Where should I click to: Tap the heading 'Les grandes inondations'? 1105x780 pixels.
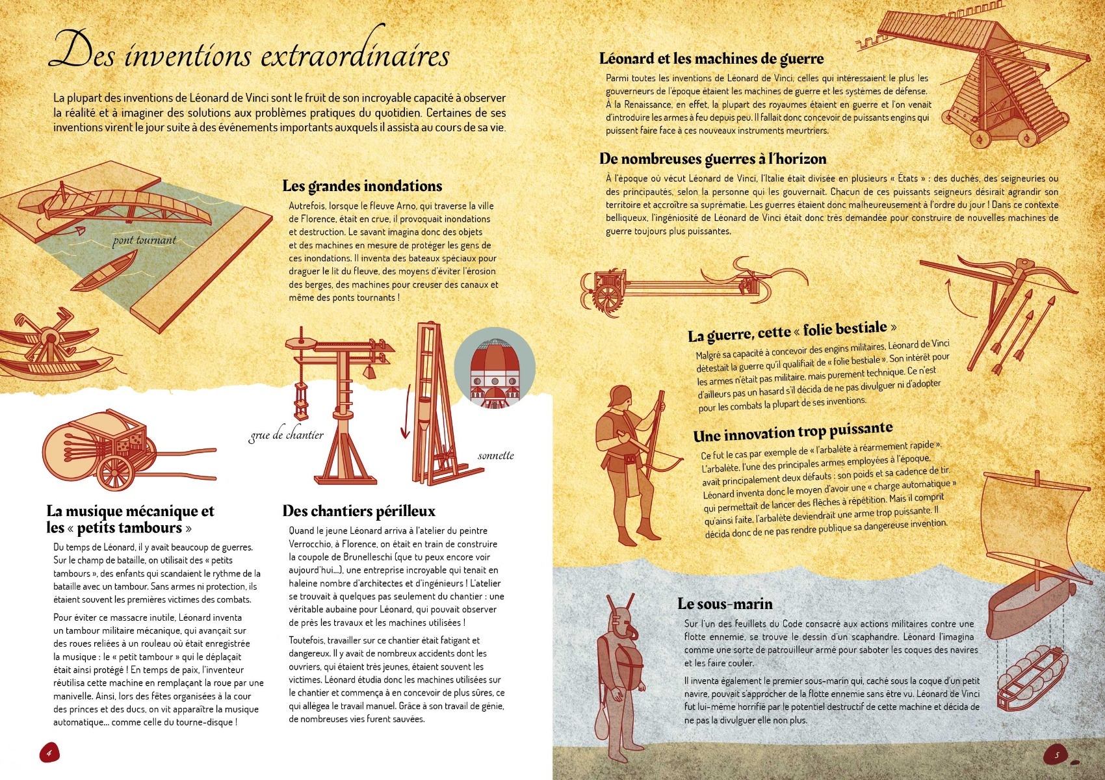(x=362, y=186)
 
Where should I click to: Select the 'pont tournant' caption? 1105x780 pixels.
(x=144, y=240)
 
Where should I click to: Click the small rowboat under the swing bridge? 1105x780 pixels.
(x=104, y=272)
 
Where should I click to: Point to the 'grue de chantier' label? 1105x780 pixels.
(x=286, y=435)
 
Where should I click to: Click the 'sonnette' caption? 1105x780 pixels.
(x=495, y=455)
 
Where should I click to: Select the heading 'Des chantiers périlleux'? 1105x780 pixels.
(x=359, y=511)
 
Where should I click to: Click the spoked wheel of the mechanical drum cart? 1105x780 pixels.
(x=115, y=471)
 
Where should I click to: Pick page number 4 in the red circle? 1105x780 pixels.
(x=49, y=753)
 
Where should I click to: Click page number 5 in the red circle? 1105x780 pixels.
(x=1056, y=755)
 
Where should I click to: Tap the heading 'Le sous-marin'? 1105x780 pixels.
(x=725, y=604)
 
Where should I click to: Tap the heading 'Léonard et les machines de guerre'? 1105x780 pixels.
(x=711, y=58)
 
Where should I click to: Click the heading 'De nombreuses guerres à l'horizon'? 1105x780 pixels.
(x=712, y=159)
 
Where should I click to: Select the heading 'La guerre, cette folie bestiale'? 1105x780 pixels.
(x=792, y=331)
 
